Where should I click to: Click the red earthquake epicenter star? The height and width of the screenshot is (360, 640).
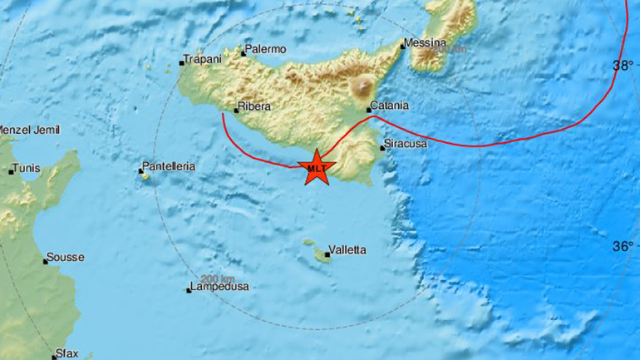point(316,167)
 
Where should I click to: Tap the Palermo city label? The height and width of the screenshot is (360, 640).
point(267,50)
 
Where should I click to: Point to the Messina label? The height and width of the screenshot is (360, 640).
point(426,43)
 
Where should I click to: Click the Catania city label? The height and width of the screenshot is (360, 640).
point(391,106)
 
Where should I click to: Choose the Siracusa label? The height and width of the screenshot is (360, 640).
point(407,145)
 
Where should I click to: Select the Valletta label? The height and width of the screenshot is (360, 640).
point(348,249)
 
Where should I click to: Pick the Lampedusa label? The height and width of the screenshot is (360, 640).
point(221,288)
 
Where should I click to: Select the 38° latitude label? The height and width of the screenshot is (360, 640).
point(623,65)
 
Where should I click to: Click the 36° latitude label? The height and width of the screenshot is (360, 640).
point(623,246)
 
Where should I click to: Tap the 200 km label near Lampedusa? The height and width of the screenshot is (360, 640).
point(217,278)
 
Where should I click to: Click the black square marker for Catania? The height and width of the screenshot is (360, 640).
point(369,109)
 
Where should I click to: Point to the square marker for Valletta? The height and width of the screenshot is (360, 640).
point(327,255)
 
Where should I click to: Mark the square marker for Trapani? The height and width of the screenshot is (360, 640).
point(182,62)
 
